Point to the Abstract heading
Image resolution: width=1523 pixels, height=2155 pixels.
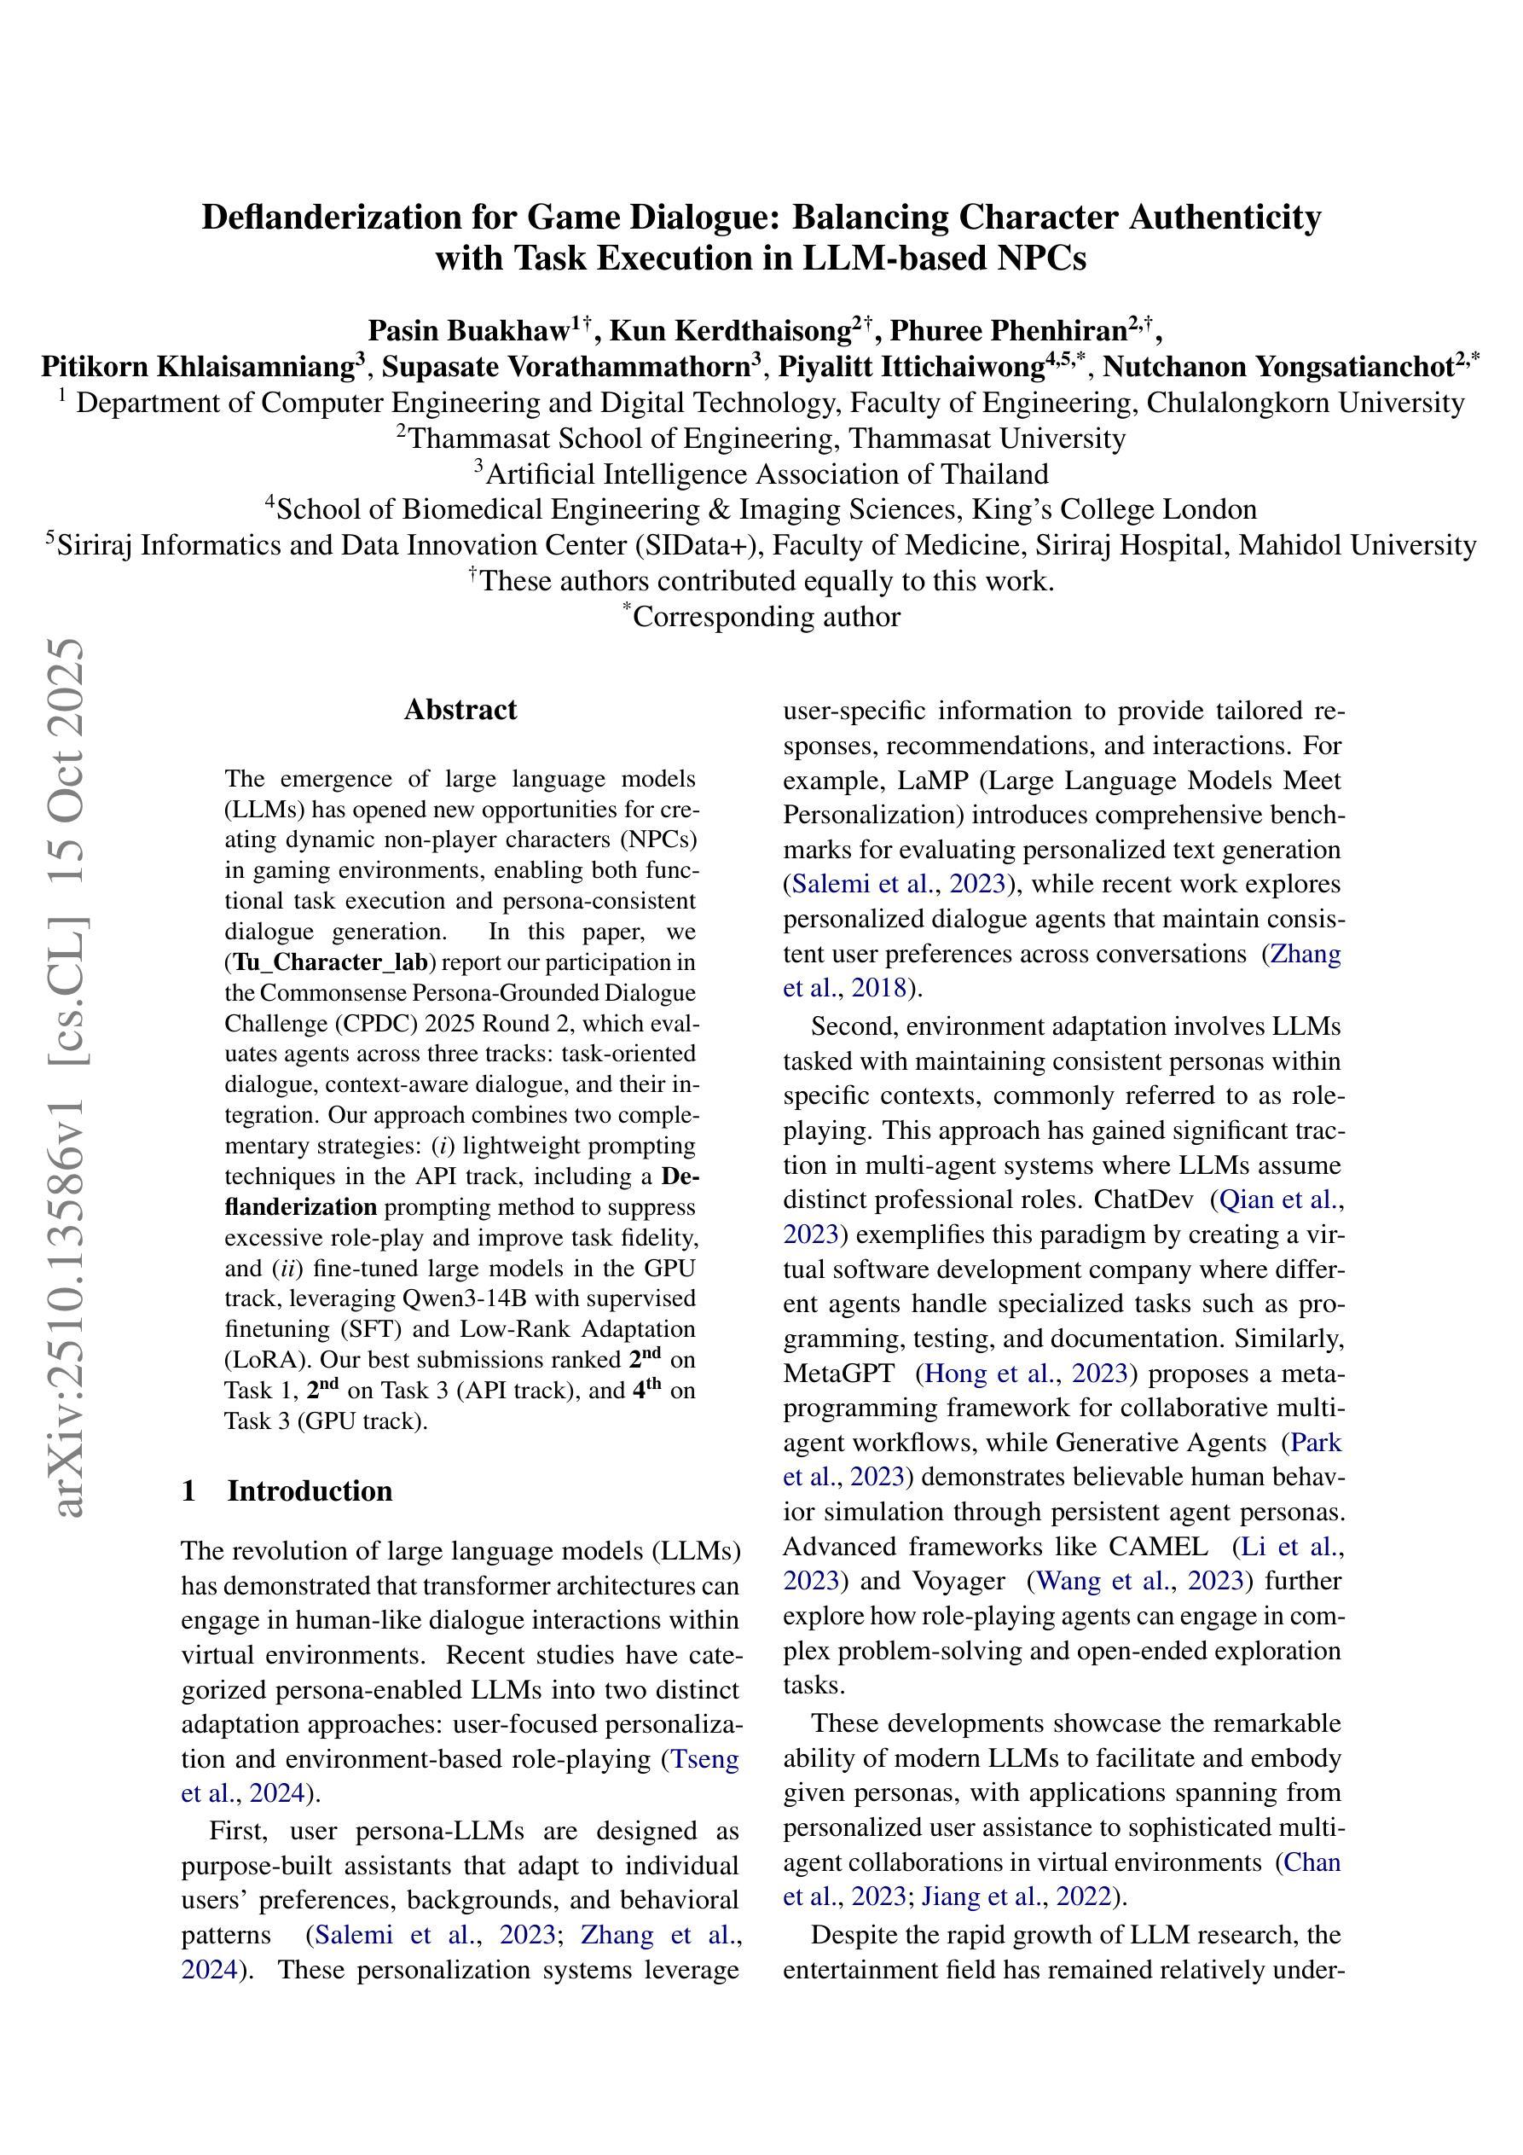coord(460,710)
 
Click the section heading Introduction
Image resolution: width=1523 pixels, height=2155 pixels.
coord(309,1491)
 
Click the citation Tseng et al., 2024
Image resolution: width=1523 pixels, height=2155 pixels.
coord(460,1777)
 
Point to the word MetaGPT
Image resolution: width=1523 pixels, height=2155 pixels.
coord(838,1374)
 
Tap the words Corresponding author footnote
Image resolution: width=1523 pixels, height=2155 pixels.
coord(767,617)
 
